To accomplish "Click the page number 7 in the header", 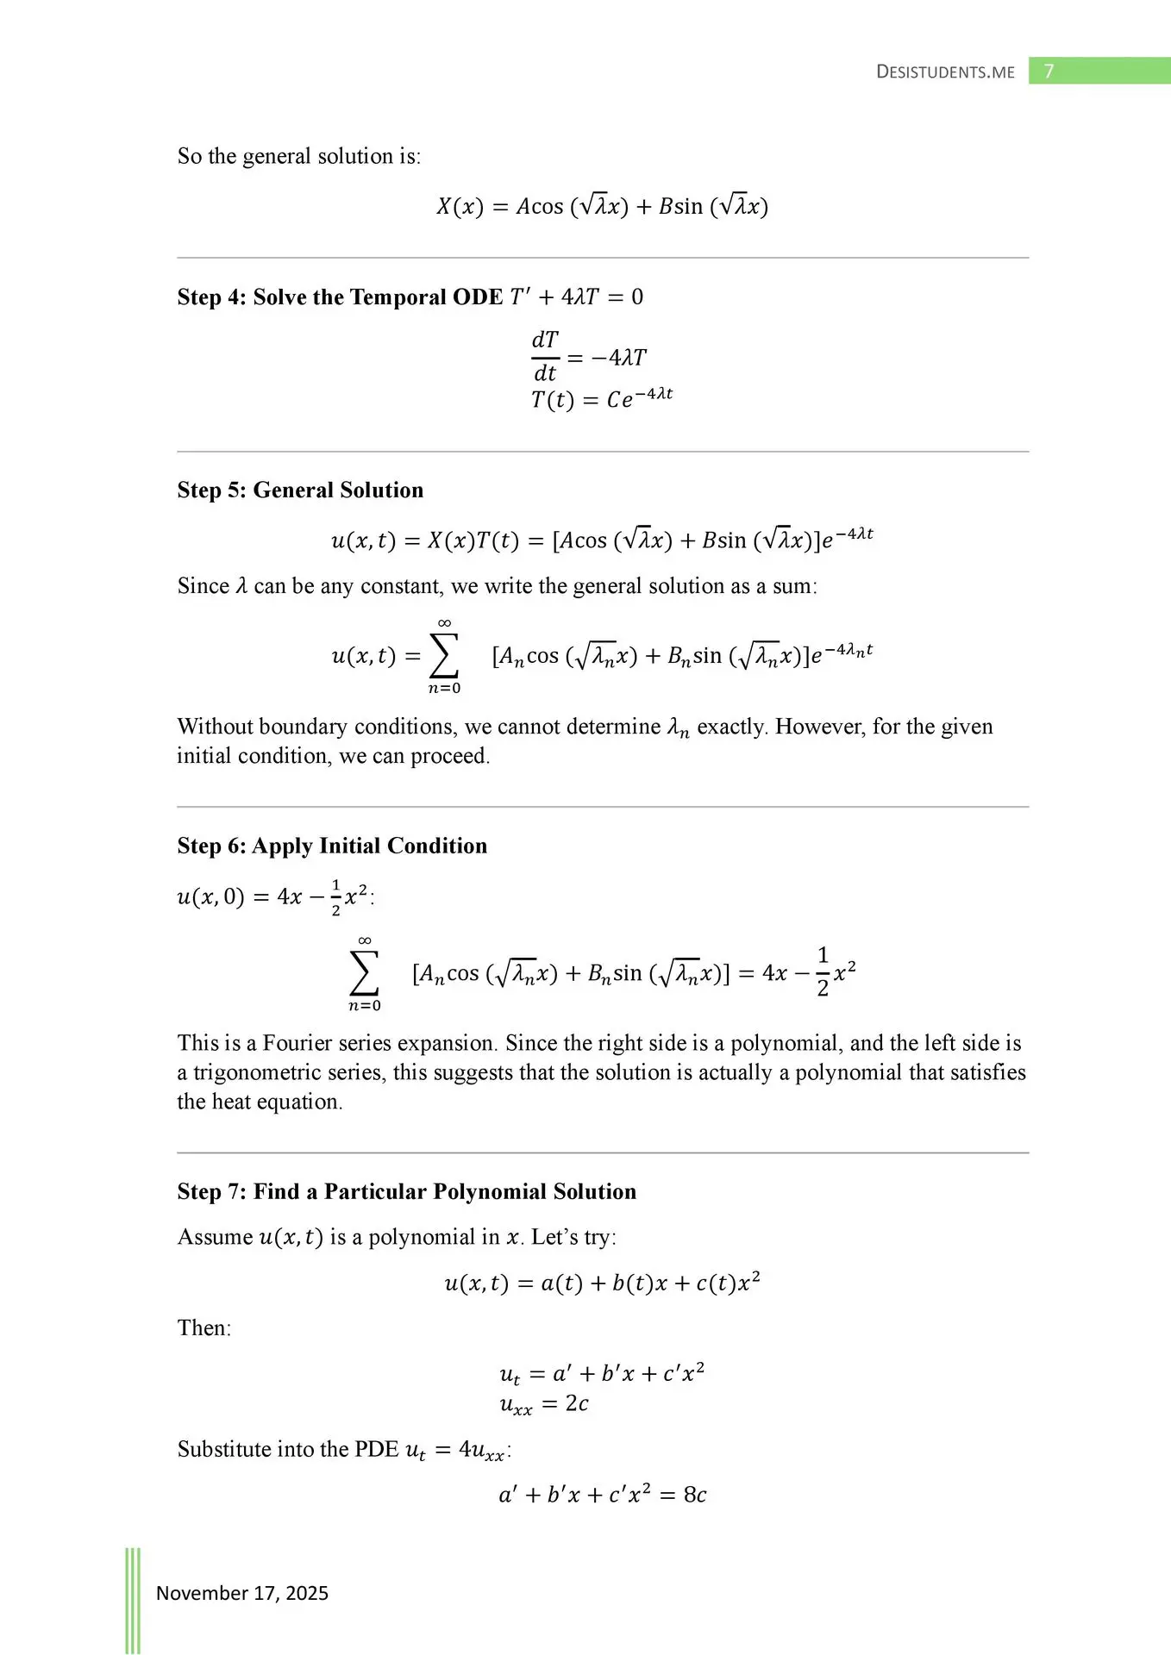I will coord(1049,71).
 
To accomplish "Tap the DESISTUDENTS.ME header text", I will coord(945,72).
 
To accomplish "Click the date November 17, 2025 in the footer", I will coord(242,1593).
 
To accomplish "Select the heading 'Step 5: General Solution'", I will coord(300,490).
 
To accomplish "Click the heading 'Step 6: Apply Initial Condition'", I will coord(332,846).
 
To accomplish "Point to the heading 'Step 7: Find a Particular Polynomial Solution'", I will coord(406,1191).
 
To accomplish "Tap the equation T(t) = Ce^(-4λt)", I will coord(602,399).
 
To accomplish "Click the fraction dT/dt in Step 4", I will coord(545,356).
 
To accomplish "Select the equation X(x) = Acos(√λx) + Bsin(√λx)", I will coord(602,207).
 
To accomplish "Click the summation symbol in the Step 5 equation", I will coord(443,657).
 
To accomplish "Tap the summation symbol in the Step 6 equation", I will coord(364,974).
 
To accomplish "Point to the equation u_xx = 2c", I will coord(544,1404).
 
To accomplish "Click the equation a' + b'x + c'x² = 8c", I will coord(602,1495).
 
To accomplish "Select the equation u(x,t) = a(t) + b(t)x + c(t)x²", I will coord(602,1283).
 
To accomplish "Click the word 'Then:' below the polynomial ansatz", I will coord(204,1327).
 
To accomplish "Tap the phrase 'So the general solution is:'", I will coord(299,156).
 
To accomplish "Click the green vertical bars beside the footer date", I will coord(133,1599).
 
